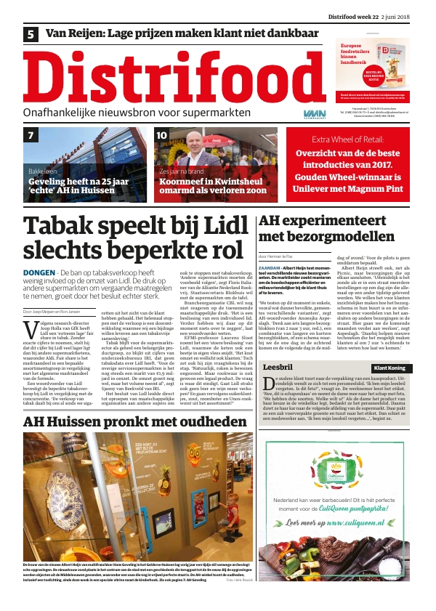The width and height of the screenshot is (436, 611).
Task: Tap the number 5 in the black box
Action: [31, 34]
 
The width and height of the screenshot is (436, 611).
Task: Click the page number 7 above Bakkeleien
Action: [31, 136]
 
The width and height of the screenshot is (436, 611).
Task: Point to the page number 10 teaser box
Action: [162, 135]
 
